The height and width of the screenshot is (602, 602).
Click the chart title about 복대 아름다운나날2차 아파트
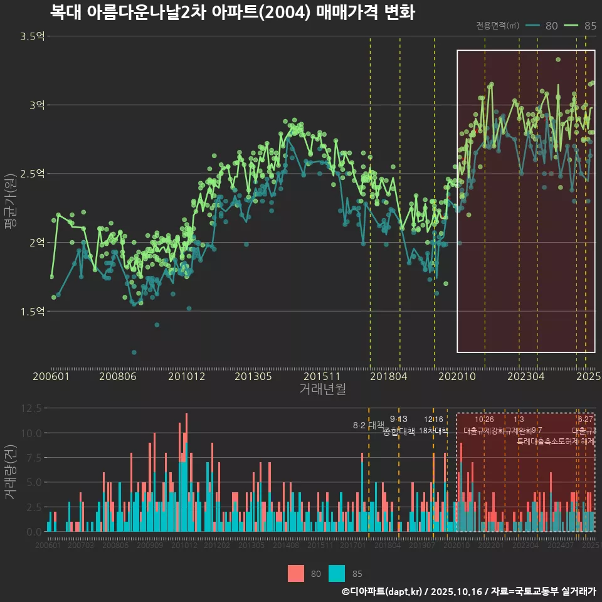(x=232, y=13)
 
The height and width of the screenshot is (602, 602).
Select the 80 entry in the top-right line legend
(x=551, y=26)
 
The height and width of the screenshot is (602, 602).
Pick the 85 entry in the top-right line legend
(x=589, y=26)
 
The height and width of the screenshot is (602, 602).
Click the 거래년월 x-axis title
(x=322, y=389)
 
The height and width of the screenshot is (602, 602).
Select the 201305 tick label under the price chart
(x=253, y=376)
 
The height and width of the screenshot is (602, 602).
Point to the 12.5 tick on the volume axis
(x=31, y=408)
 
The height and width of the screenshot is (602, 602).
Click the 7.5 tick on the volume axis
(x=33, y=458)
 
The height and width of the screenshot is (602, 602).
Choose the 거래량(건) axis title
(x=9, y=472)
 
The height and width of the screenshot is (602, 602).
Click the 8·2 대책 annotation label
(x=368, y=426)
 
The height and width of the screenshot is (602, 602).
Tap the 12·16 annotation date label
(x=433, y=420)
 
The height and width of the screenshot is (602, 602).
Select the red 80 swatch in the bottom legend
(x=296, y=573)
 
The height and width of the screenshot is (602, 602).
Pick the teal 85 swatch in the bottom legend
(x=337, y=573)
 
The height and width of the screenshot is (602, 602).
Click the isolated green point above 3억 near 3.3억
(x=557, y=60)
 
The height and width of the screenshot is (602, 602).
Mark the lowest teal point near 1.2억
(x=134, y=352)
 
